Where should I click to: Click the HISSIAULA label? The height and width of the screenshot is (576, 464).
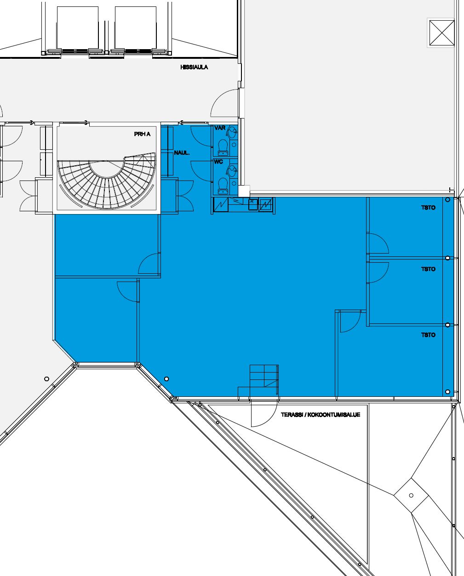pos(194,67)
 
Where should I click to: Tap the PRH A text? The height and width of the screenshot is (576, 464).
pos(142,134)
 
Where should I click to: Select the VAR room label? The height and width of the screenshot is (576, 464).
pos(219,128)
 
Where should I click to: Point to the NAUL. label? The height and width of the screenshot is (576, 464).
pos(182,153)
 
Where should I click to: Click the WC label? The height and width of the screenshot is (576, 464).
pos(218,162)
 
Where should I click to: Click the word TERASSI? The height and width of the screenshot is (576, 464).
pos(292,415)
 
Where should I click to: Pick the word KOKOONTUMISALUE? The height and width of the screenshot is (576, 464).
pos(334,415)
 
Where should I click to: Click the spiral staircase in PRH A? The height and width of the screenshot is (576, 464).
pos(107,181)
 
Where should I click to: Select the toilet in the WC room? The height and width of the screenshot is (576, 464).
pos(223,186)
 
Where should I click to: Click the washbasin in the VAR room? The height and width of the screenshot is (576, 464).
pos(232,132)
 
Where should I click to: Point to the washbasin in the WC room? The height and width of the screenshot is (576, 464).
pos(232,171)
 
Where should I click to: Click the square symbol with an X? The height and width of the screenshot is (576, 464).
pos(442,33)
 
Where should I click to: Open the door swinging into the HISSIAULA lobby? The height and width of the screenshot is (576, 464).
pos(224,103)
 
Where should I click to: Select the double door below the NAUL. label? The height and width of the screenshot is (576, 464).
pos(185,196)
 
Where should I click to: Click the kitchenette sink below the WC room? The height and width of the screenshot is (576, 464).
pos(253,204)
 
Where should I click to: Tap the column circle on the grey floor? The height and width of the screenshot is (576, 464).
pos(46,379)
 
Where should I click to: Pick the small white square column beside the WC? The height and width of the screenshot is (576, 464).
pos(244,191)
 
